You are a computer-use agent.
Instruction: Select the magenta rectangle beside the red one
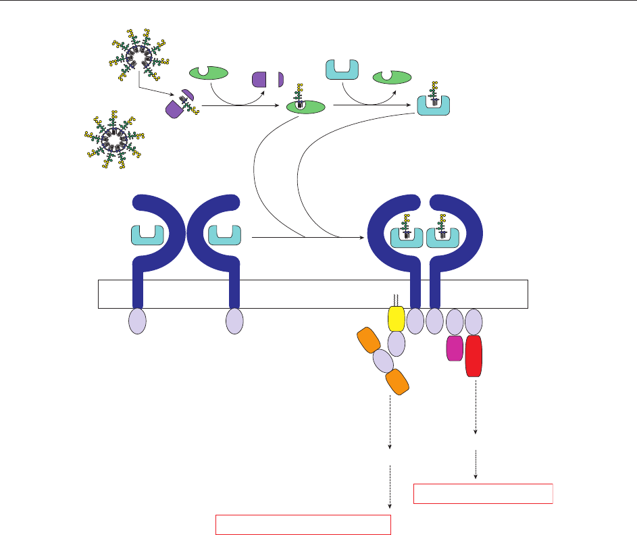point(455,349)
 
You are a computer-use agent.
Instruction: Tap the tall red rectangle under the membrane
point(474,356)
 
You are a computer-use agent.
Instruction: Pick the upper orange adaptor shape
point(370,340)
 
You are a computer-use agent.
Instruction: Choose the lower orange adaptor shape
point(397,382)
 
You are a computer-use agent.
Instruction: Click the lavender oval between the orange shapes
point(383,361)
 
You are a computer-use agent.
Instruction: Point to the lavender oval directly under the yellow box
point(397,344)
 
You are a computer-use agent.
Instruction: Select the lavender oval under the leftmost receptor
point(137,320)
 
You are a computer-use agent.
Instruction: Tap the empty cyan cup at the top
point(342,69)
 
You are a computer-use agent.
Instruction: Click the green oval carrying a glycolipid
point(305,107)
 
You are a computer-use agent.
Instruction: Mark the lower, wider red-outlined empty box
point(303,525)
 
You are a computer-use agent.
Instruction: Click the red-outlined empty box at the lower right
point(483,494)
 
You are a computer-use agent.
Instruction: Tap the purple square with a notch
point(261,80)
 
